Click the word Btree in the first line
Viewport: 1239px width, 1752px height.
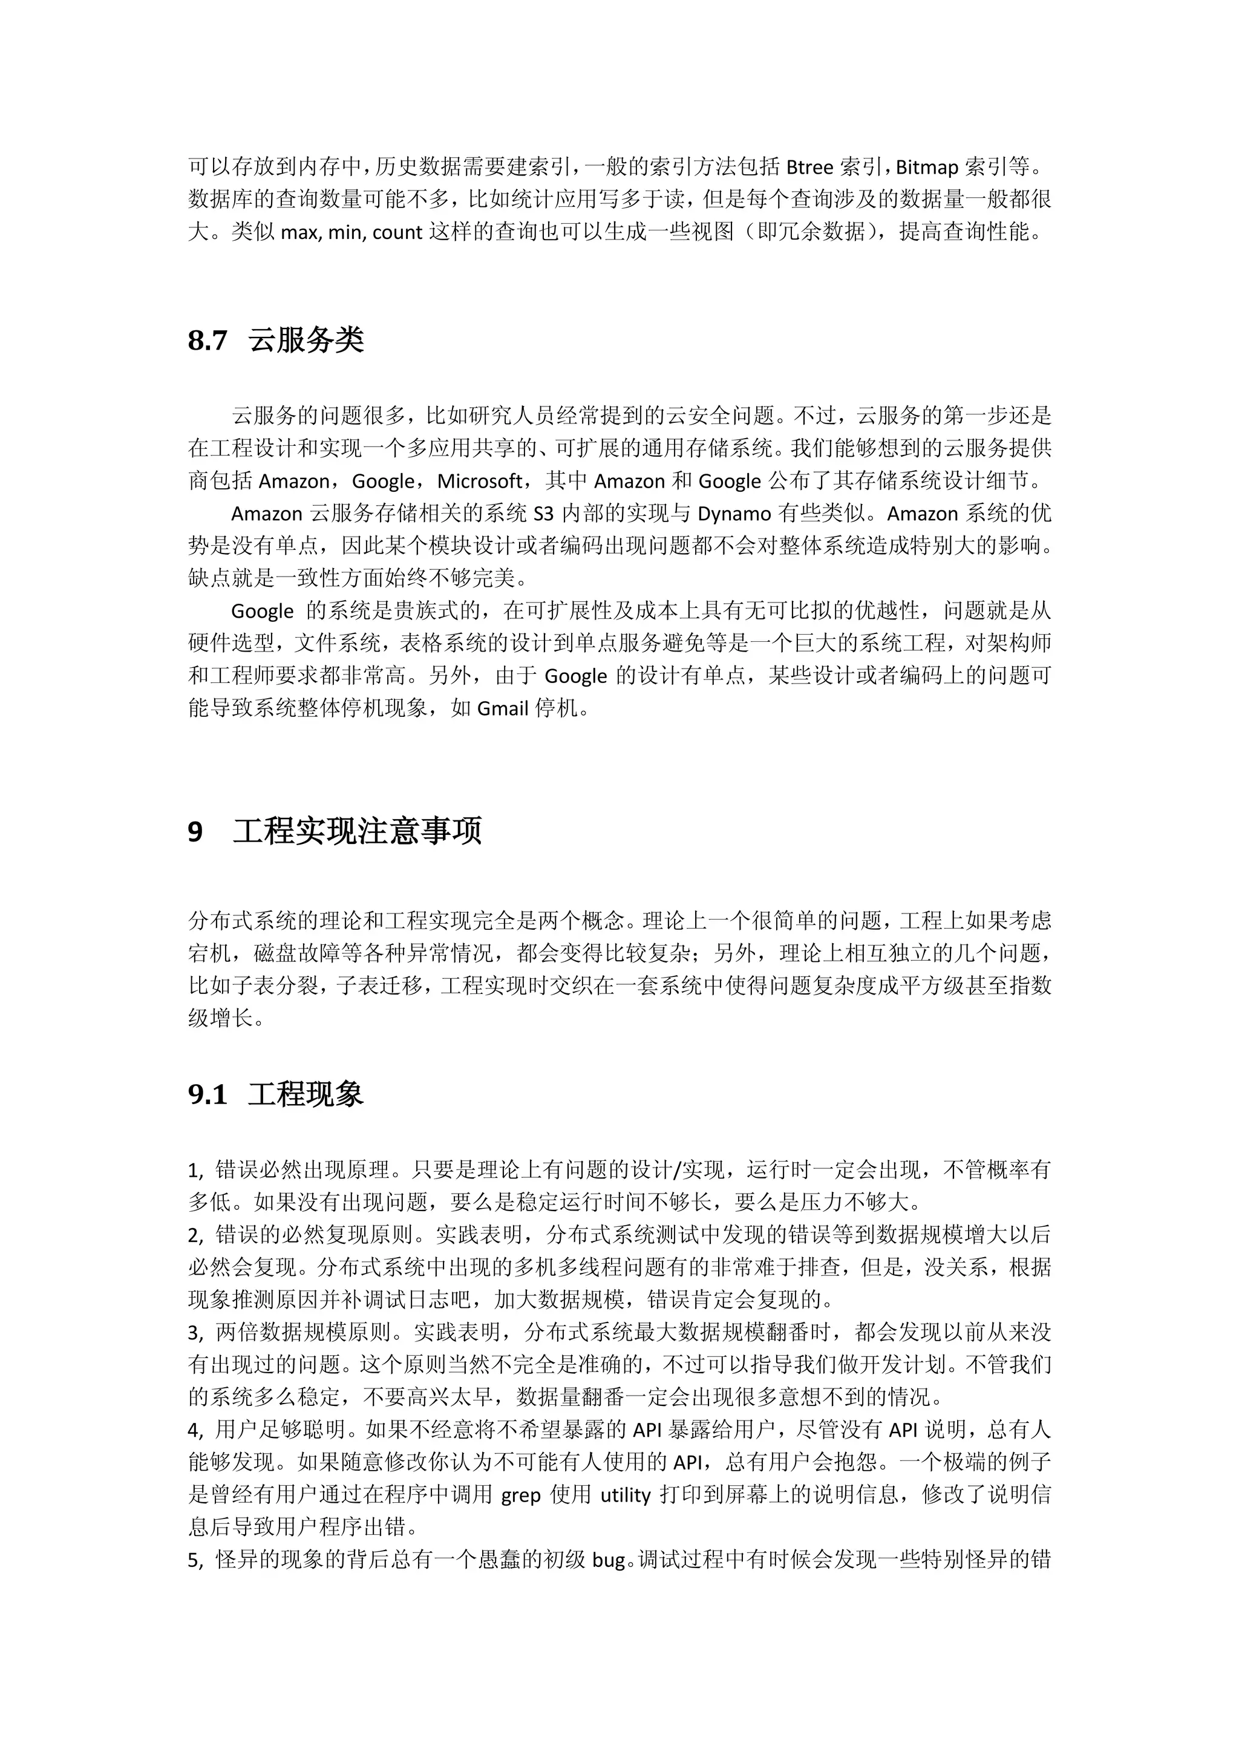pyautogui.click(x=809, y=167)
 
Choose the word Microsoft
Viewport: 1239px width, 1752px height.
pyautogui.click(x=480, y=482)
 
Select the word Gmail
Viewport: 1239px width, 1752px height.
pyautogui.click(x=503, y=709)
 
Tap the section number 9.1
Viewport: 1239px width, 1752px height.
pyautogui.click(x=208, y=1095)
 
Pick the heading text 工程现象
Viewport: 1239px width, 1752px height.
pyautogui.click(x=306, y=1095)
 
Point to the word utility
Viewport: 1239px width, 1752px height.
pyautogui.click(x=626, y=1495)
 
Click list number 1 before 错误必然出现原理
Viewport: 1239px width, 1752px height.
pyautogui.click(x=195, y=1171)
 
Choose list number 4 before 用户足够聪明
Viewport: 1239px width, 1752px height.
pyautogui.click(x=195, y=1430)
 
